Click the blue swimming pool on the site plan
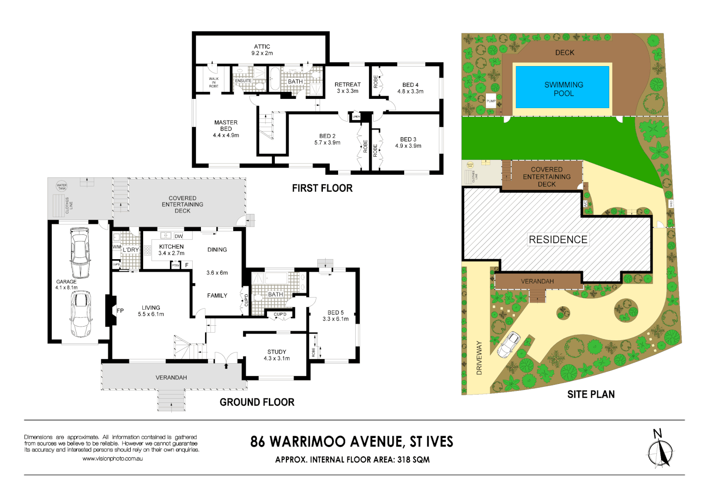pos(562,87)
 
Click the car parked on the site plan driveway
pos(509,344)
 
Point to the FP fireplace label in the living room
pos(120,311)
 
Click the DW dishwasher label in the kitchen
pos(178,236)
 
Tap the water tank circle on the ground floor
pos(61,186)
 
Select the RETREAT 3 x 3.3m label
pos(347,88)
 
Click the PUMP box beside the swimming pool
pos(491,101)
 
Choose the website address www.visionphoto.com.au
pos(112,459)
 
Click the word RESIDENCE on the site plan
pos(558,239)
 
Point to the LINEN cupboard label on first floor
pos(356,116)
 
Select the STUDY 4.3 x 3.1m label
pos(277,355)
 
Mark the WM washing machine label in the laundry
pos(116,247)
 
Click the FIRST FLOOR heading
pos(322,188)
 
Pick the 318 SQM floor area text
pos(413,460)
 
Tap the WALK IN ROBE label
pos(213,82)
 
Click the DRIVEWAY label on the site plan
pos(479,358)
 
